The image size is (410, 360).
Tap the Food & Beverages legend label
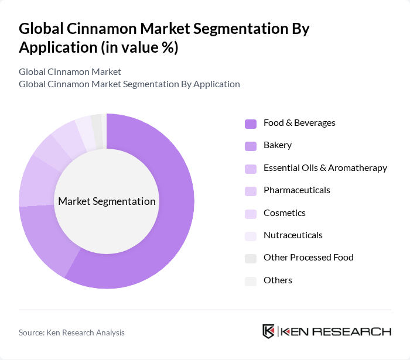coord(299,123)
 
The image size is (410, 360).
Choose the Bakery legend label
coord(278,145)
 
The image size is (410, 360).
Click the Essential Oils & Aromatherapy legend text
coord(325,168)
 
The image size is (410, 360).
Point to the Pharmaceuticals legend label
coord(297,190)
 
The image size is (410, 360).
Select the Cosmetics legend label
coord(285,213)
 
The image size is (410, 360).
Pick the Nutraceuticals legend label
coord(293,235)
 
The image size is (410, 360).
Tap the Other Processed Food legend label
coord(309,258)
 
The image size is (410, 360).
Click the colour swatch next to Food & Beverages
coord(251,124)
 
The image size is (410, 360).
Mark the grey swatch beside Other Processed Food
coord(251,258)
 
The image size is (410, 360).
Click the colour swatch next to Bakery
coord(251,146)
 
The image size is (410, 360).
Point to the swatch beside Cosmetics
coord(251,214)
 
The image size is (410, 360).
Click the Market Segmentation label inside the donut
coord(107,201)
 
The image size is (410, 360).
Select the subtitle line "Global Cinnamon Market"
coord(70,72)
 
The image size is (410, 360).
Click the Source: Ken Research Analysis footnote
coord(71,332)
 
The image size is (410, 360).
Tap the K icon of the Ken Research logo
coord(268,331)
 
